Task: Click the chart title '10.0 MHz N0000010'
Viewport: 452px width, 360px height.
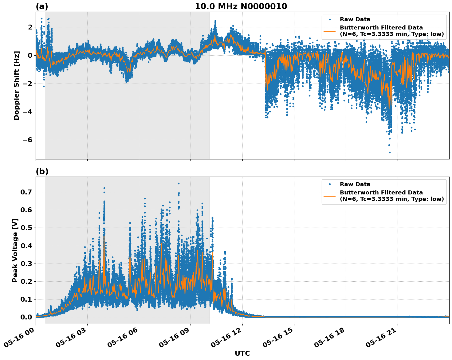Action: [241, 6]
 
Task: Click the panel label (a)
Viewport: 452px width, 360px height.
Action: [42, 6]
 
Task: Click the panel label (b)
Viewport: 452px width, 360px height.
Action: [42, 171]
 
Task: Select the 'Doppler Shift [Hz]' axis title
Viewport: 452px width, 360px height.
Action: [17, 85]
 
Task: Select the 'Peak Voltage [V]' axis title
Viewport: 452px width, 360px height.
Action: [15, 250]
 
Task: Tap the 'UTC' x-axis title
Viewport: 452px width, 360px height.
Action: [242, 353]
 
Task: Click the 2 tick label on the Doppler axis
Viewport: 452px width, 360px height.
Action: [30, 27]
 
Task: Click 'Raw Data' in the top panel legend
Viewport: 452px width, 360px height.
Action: [355, 20]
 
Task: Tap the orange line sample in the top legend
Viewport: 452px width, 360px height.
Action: [329, 31]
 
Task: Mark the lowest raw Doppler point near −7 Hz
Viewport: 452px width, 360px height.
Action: [390, 152]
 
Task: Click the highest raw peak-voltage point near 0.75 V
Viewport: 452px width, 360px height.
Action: [179, 183]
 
